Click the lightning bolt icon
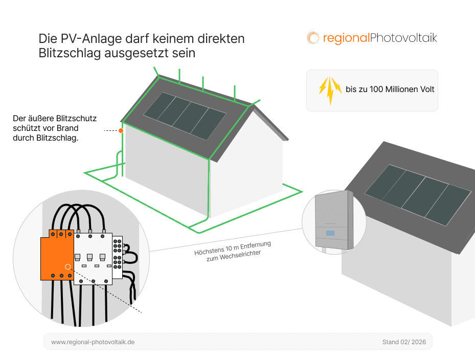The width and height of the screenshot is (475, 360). pos(330,90)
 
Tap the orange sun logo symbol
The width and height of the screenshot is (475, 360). pos(312,38)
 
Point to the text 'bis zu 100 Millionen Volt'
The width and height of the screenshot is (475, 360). pos(390,89)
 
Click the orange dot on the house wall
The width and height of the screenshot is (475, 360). pos(121,131)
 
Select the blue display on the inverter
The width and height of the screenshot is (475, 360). pos(330,233)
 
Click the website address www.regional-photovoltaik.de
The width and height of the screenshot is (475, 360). pos(93,342)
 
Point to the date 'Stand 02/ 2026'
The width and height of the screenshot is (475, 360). pos(403,342)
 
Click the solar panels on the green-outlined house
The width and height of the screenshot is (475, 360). pos(185,115)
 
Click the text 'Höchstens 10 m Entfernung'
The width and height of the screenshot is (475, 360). pos(233,249)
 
